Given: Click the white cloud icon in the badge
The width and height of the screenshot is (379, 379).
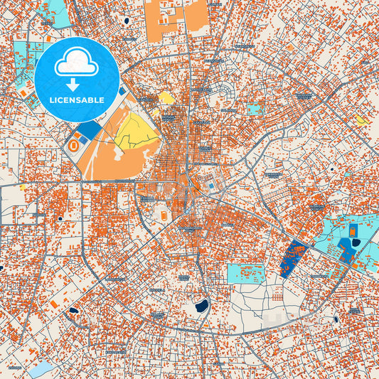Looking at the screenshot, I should click(76, 63).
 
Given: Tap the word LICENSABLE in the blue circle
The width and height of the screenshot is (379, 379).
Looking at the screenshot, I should click(76, 100).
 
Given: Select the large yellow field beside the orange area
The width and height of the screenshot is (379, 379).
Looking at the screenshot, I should click(136, 132).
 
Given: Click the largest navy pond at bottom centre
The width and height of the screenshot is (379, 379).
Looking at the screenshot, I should click(201, 306).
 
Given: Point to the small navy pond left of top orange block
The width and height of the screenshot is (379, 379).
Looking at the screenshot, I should click(127, 21).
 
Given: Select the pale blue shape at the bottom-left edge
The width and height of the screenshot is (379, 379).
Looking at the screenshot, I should click(41, 368).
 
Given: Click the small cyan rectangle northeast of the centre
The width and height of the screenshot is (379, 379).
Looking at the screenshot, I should click(255, 109).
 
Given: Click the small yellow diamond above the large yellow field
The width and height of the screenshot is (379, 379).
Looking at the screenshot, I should click(166, 97).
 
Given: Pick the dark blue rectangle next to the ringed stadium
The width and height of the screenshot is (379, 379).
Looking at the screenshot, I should click(90, 131).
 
